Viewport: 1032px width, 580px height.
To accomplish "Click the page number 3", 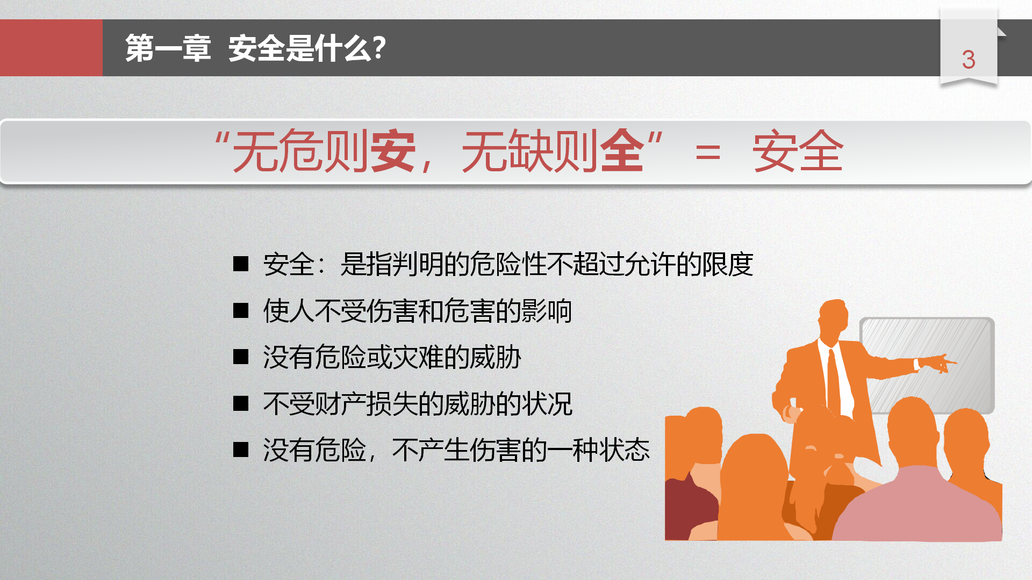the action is coord(969,60).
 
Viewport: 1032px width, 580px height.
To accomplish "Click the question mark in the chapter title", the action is coord(379,48).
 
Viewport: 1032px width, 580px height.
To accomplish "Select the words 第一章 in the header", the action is coord(168,48).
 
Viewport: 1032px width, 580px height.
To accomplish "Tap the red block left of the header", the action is coord(51,48).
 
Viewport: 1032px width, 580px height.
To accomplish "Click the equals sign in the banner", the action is coord(707,153).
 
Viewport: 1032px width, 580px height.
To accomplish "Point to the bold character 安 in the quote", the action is coord(393,151).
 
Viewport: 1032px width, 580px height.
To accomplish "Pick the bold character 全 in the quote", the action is coord(622,151).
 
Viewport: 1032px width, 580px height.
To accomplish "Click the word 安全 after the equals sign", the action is coord(798,151).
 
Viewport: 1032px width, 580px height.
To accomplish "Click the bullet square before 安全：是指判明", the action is coord(241,264).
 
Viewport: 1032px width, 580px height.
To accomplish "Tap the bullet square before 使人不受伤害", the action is coord(241,310).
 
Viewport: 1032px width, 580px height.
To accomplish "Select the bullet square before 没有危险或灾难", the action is coord(241,357).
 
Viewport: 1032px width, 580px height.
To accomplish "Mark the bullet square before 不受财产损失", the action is coord(241,403).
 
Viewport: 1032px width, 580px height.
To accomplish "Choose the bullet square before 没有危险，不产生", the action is coord(241,450).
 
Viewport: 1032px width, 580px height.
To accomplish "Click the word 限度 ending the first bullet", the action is coord(728,264).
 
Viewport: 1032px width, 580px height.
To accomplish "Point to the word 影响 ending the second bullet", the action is coord(546,311).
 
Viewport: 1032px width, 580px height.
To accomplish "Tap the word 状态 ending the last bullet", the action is coord(625,450).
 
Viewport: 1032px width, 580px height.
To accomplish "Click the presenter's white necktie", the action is coord(834,381).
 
